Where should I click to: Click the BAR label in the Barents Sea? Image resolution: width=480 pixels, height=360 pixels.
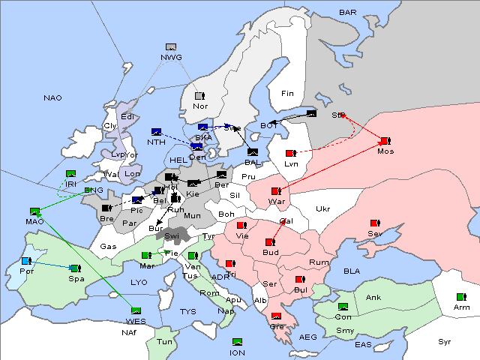348,13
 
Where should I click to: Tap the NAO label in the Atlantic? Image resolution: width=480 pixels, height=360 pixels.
52,98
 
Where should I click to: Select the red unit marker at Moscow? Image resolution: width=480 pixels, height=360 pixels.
385,141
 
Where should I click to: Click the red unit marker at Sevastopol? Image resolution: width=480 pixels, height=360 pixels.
374,223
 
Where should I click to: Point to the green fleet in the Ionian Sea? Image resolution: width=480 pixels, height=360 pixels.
238,342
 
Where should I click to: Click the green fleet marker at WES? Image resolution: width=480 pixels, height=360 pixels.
136,310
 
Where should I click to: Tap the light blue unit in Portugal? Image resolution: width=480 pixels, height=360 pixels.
26,261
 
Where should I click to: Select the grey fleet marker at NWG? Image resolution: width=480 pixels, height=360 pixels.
171,48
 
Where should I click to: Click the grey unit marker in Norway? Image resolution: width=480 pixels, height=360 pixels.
199,96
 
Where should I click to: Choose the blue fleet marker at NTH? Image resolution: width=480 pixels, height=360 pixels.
156,132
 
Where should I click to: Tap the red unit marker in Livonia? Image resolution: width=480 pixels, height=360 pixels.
290,154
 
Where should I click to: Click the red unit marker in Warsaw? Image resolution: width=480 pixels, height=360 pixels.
275,191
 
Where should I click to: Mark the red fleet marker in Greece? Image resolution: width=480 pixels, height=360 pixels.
276,316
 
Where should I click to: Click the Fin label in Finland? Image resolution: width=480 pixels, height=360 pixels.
287,94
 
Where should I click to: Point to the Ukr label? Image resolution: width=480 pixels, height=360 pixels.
322,209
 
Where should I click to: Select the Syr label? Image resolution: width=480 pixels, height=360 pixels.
445,341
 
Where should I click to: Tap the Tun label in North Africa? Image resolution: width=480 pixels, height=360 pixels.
164,341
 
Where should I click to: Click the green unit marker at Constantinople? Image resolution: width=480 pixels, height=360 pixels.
343,307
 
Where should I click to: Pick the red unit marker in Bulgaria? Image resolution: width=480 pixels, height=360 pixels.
300,280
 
